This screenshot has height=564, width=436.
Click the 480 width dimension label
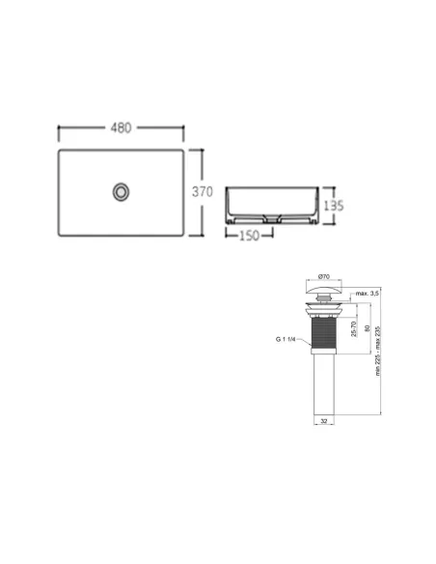pyautogui.click(x=122, y=128)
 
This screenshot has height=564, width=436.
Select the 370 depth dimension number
pyautogui.click(x=201, y=191)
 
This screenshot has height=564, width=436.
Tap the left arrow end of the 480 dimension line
pyautogui.click(x=61, y=128)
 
